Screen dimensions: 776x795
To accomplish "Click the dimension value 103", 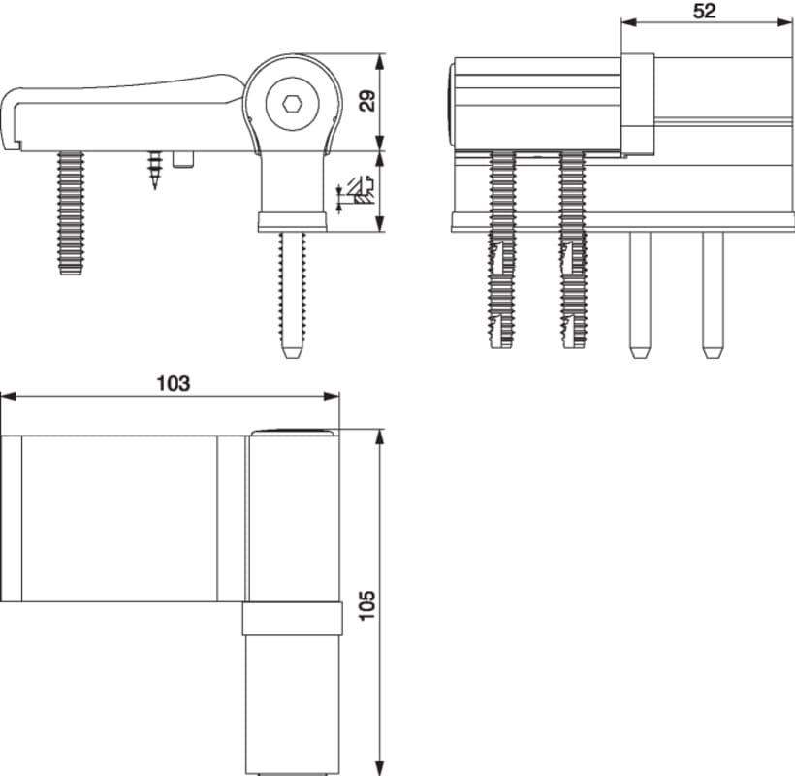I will [174, 383].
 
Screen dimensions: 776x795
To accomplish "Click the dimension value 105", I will [366, 605].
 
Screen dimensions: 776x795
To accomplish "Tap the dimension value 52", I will [705, 12].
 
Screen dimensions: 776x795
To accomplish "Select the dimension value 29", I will [366, 101].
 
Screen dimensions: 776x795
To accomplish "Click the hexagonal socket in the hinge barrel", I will [293, 102].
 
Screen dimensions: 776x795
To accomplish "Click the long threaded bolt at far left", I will [70, 213].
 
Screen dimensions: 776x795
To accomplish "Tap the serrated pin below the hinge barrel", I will [291, 291].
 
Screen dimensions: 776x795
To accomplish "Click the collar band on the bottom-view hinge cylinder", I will [292, 618].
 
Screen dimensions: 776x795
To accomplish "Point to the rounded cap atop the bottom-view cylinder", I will [291, 433].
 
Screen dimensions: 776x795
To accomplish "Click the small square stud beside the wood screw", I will [183, 158].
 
